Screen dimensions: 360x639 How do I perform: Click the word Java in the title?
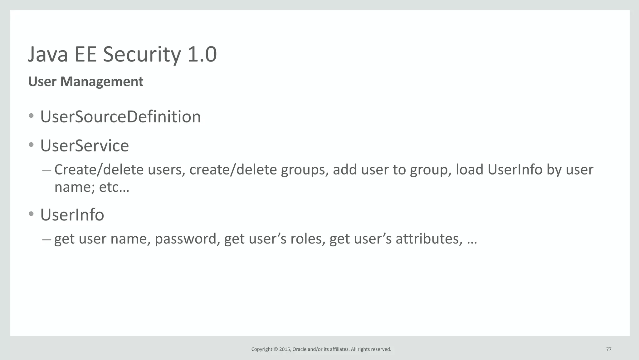point(48,55)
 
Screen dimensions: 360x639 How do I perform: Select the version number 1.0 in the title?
point(202,55)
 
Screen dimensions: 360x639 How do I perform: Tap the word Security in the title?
point(142,55)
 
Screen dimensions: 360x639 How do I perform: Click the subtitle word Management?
point(102,82)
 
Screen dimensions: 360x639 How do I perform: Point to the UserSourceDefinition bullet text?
point(120,117)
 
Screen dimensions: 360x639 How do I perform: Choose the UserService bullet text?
point(85,146)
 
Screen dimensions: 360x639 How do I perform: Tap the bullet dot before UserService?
point(31,145)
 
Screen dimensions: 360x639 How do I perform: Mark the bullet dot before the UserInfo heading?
point(31,214)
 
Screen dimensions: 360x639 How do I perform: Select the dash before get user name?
point(46,239)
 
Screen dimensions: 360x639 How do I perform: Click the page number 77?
point(609,349)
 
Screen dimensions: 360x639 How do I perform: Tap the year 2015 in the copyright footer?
point(285,349)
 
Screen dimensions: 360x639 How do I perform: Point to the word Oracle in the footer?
point(299,349)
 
